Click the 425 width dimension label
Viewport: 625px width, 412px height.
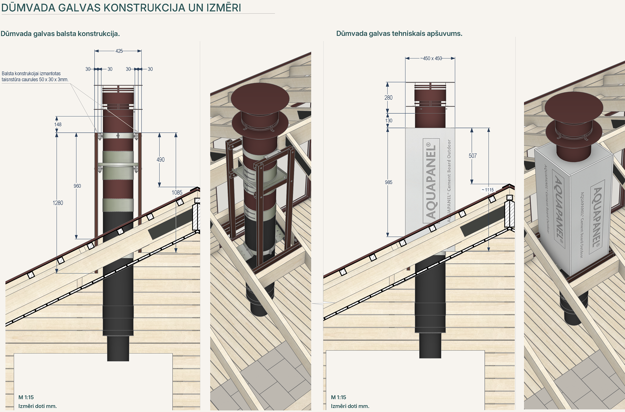(x=119, y=51)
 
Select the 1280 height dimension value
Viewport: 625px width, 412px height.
(x=58, y=203)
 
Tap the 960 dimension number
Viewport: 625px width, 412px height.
(x=77, y=186)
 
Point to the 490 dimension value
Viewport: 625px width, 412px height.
(x=160, y=160)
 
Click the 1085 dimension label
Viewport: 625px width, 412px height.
(x=177, y=193)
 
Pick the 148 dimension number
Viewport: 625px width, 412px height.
(x=58, y=125)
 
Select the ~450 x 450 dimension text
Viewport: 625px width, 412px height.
(x=431, y=58)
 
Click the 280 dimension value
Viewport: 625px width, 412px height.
(x=388, y=98)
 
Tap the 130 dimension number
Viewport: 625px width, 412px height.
(x=389, y=121)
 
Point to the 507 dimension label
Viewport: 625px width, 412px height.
(x=473, y=156)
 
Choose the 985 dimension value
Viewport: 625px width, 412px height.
(x=389, y=182)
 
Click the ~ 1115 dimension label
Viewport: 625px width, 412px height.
(x=488, y=190)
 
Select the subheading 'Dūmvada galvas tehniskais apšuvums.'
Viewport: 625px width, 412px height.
(x=399, y=34)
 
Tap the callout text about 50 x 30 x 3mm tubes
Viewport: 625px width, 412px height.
(x=35, y=76)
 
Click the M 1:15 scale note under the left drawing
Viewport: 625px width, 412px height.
(x=26, y=397)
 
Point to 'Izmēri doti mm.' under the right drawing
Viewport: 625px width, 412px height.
(x=350, y=406)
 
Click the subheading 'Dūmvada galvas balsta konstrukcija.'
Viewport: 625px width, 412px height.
(x=60, y=34)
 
